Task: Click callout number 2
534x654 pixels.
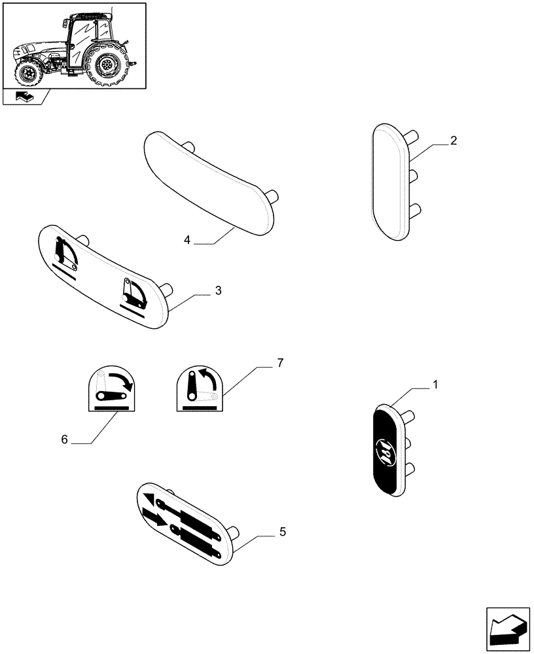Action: point(454,141)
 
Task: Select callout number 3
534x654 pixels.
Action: point(218,290)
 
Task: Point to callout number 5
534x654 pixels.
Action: point(282,532)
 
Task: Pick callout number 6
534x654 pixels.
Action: point(64,439)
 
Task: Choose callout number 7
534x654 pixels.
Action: point(279,364)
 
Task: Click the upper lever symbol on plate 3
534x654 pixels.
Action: point(65,254)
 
